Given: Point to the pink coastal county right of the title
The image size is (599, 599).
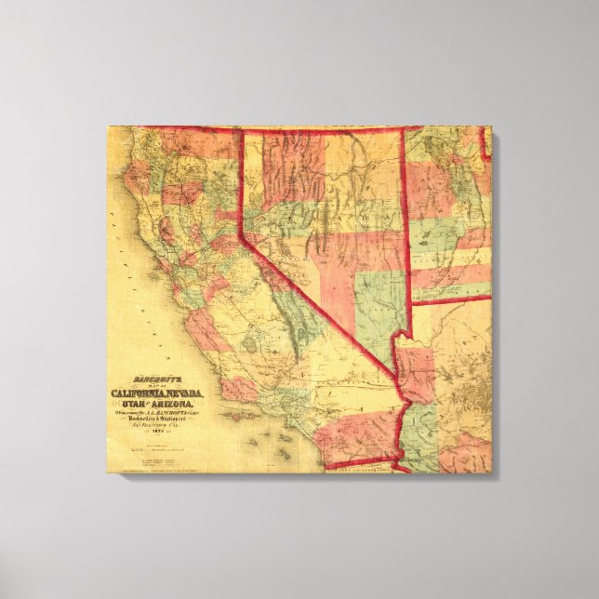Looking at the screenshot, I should (237, 388).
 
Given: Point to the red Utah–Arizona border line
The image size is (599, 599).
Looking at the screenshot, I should (451, 299).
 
